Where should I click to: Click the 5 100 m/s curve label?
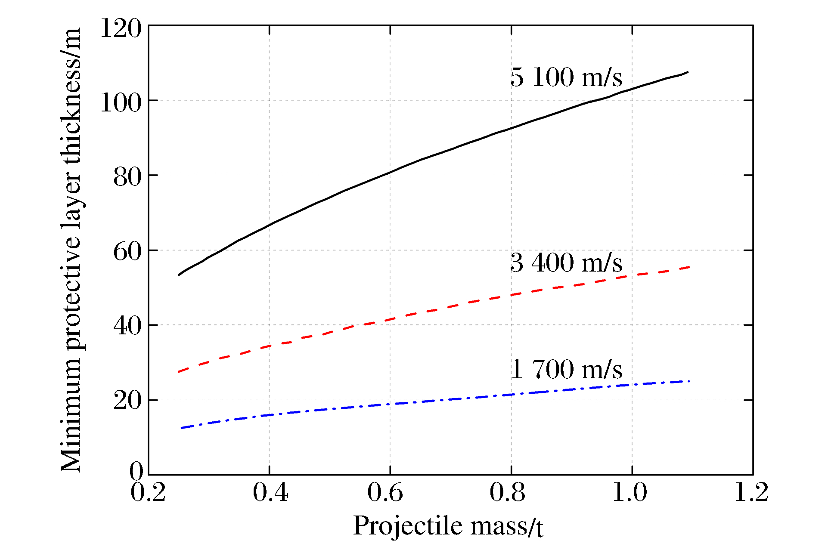click(x=566, y=77)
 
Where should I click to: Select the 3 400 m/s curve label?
click(x=566, y=263)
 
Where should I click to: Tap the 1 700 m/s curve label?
click(x=566, y=369)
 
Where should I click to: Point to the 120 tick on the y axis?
click(x=121, y=29)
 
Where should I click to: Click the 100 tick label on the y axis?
click(x=121, y=103)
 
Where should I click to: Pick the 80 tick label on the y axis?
click(x=127, y=178)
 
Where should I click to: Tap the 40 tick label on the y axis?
click(x=127, y=327)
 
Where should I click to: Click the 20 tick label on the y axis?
click(x=127, y=401)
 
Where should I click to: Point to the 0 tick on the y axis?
click(x=136, y=471)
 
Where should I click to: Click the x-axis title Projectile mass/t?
click(x=448, y=526)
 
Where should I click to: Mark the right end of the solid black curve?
click(x=688, y=72)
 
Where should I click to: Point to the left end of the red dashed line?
click(x=179, y=371)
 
